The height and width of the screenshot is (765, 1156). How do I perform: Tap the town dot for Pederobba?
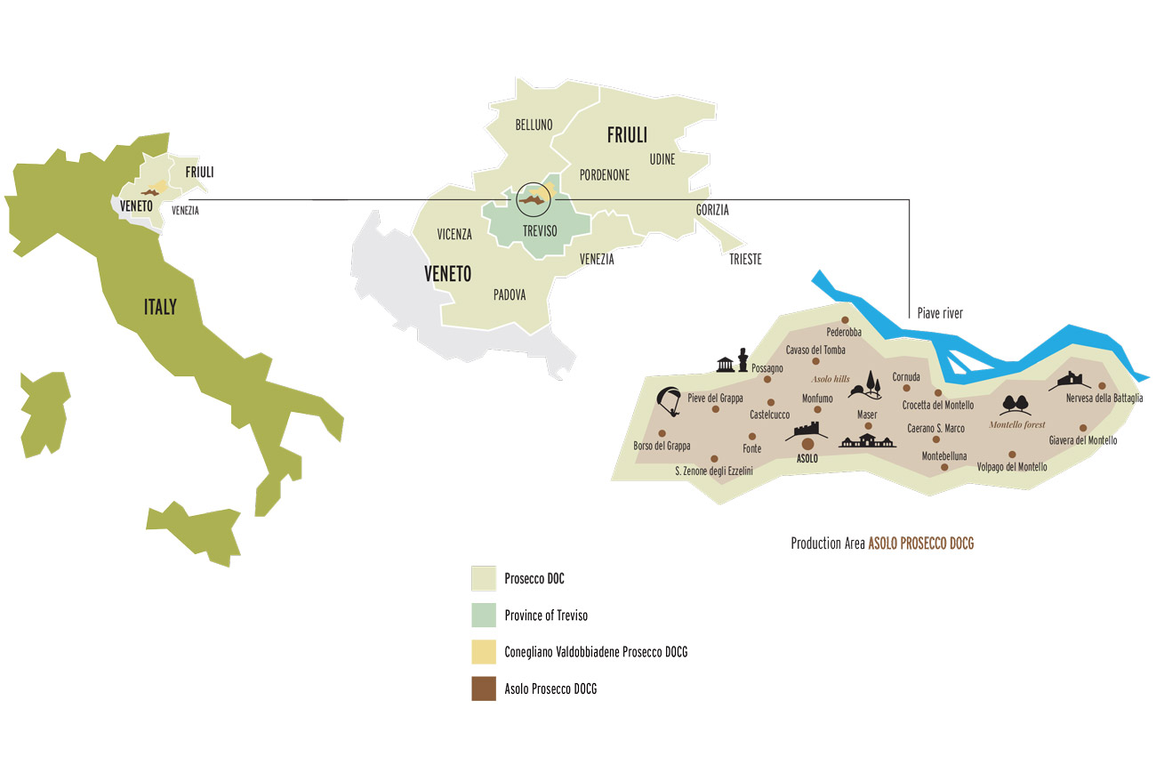(845, 320)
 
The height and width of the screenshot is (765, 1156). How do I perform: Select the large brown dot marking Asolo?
(807, 444)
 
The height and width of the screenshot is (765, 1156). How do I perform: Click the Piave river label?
(940, 313)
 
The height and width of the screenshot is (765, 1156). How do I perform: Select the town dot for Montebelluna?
(933, 439)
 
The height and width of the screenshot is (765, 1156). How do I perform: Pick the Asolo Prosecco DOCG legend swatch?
(483, 688)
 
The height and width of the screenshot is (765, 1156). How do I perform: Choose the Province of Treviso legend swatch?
(483, 616)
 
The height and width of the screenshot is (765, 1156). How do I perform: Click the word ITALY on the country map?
(160, 308)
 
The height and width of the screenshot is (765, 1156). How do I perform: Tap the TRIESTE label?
(745, 260)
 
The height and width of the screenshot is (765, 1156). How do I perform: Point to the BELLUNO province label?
(534, 125)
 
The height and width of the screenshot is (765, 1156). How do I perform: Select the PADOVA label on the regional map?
(509, 294)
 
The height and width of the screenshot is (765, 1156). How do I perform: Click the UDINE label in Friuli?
(662, 159)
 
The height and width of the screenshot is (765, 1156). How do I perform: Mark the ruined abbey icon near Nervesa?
(1067, 381)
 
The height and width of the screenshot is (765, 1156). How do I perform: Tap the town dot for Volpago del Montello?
(1011, 454)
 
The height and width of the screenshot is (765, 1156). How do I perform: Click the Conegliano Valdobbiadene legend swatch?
(483, 652)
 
